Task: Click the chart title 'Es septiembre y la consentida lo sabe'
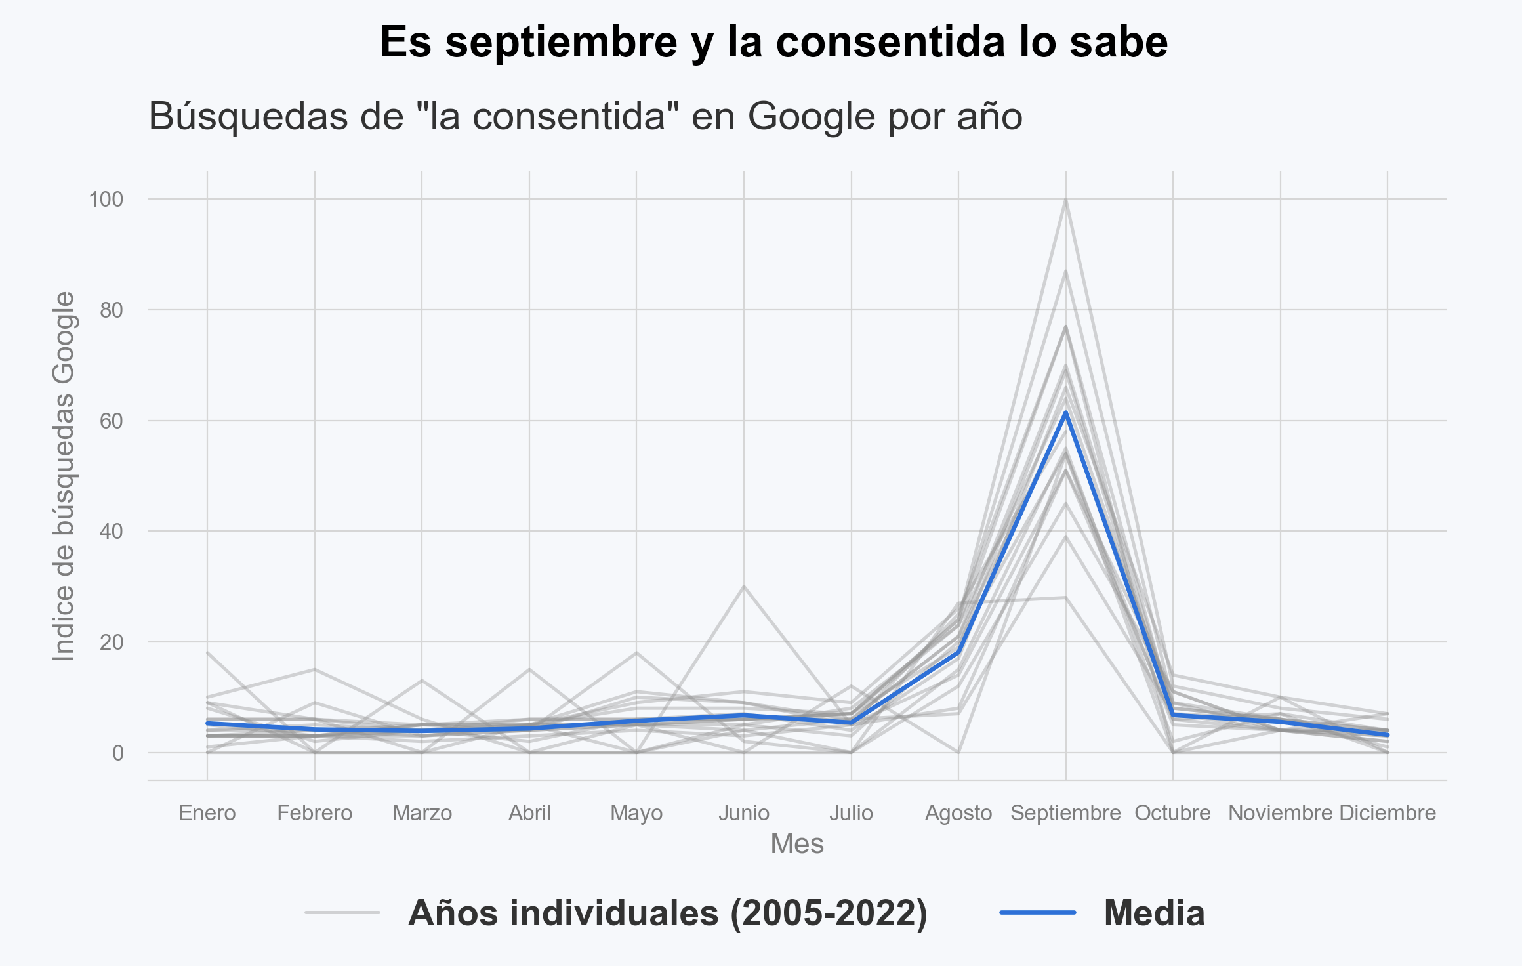[773, 43]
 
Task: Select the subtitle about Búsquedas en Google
[585, 117]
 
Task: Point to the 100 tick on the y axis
[106, 199]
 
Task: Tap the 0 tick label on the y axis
[117, 753]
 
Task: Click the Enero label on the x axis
[207, 813]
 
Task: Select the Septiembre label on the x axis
[1065, 813]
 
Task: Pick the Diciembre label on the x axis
[1388, 813]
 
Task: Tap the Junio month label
[743, 813]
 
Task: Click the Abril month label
[529, 813]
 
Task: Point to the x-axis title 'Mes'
[796, 844]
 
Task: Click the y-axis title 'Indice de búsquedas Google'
[64, 476]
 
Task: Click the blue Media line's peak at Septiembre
[1065, 412]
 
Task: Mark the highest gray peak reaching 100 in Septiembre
[1065, 199]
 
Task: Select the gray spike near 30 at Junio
[743, 586]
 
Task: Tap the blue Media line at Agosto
[958, 652]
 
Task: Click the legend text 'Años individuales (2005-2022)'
[667, 913]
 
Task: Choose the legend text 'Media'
[1154, 913]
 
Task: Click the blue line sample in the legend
[1037, 912]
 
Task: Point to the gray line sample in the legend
[342, 912]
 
